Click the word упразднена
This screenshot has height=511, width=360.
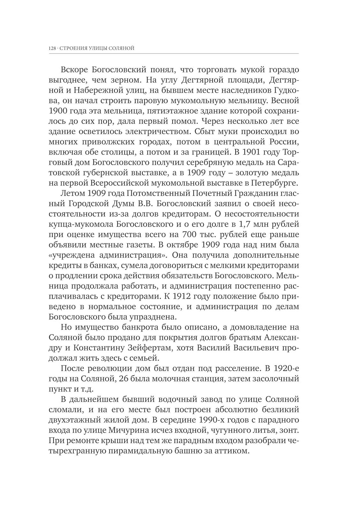(x=153, y=317)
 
